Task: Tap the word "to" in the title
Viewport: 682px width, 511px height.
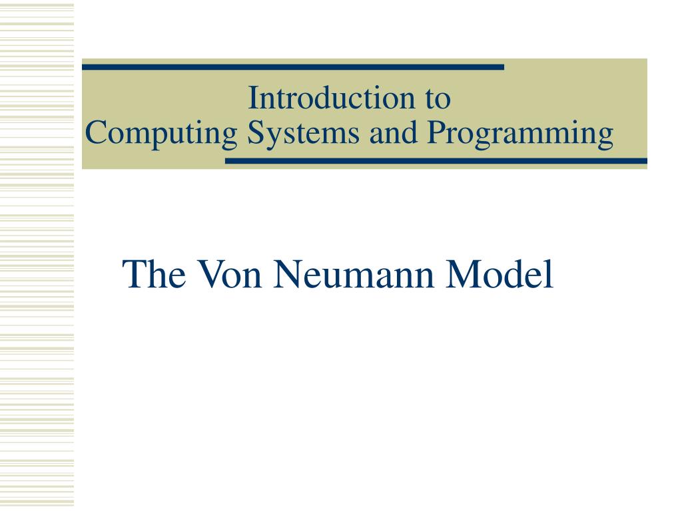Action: tap(437, 99)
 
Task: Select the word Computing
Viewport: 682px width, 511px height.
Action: tap(162, 134)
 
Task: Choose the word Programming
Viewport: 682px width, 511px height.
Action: tap(520, 134)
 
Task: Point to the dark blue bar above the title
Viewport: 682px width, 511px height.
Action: tap(293, 67)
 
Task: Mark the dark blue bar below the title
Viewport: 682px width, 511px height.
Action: tap(436, 161)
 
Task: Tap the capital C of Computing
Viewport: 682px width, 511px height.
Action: tap(95, 134)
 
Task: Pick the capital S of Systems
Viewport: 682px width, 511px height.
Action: tap(254, 134)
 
